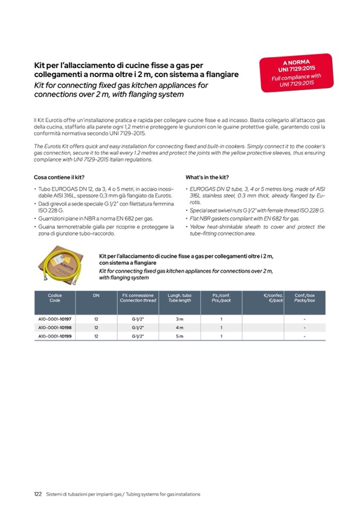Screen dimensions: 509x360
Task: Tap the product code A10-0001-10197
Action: [55, 319]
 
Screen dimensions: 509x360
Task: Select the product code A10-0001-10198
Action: [55, 327]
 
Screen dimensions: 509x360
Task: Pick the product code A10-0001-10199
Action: [55, 336]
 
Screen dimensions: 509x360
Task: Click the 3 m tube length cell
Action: [179, 319]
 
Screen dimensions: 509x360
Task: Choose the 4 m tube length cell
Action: [179, 327]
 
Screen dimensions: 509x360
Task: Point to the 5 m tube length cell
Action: [179, 336]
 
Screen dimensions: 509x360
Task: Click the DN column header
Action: [96, 295]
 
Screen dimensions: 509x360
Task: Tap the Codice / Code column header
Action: [55, 298]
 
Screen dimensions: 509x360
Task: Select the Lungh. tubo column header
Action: [179, 298]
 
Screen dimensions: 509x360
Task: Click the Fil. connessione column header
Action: [138, 298]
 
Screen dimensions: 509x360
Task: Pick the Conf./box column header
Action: [305, 298]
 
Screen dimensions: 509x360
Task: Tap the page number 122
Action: [38, 494]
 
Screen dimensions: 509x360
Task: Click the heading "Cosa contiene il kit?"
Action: [59, 177]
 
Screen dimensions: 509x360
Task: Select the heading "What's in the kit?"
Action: [207, 177]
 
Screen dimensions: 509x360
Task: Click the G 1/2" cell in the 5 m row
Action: [138, 336]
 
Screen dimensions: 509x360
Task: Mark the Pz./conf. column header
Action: [221, 298]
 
